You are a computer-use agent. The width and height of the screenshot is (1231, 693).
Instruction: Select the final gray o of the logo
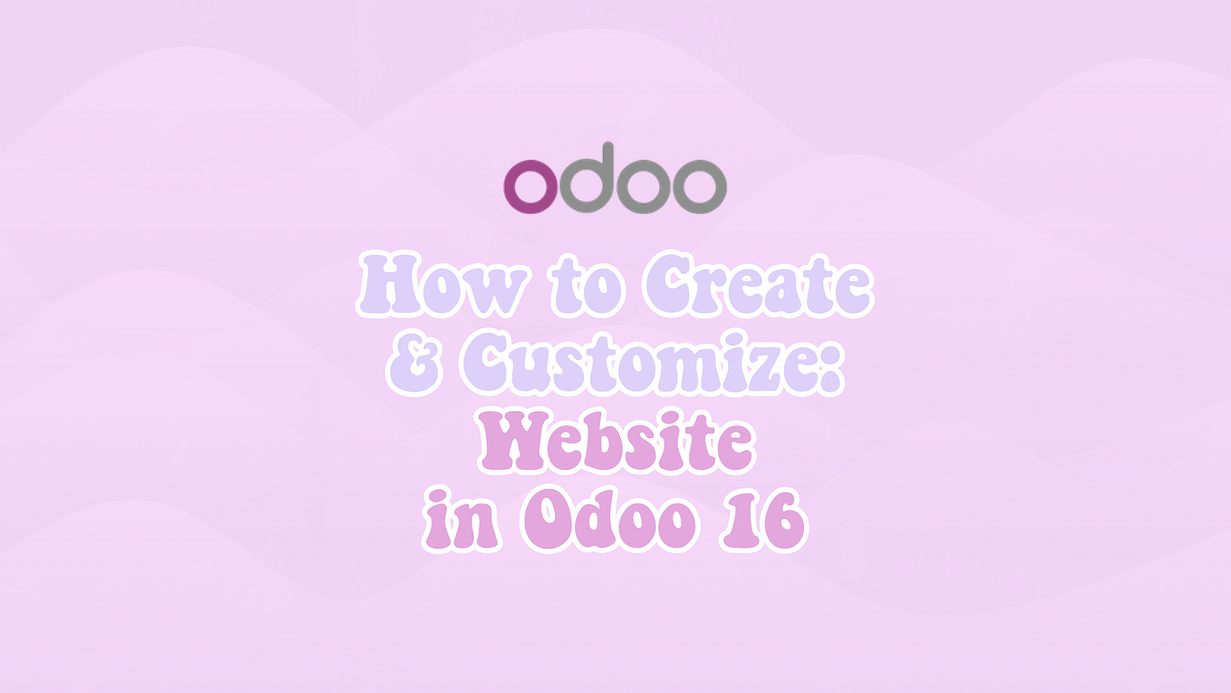pos(699,187)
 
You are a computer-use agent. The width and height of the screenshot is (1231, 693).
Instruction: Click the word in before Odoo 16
pos(462,523)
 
